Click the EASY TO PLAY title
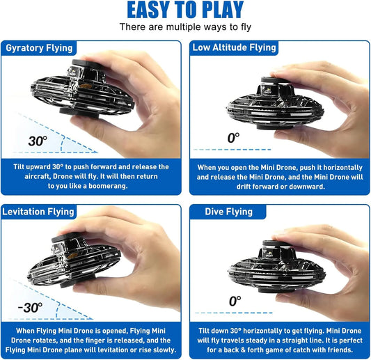click(185, 10)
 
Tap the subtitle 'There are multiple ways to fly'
click(185, 27)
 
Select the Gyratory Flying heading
click(39, 48)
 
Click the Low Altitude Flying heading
click(235, 47)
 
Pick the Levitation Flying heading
click(38, 212)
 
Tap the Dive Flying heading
click(228, 212)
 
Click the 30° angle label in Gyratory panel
click(38, 141)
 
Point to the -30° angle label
click(31, 308)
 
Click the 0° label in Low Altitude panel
click(233, 138)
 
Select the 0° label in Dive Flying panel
click(235, 301)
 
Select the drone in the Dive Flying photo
click(277, 267)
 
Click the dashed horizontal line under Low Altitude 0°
click(232, 150)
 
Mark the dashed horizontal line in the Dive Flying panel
click(234, 313)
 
